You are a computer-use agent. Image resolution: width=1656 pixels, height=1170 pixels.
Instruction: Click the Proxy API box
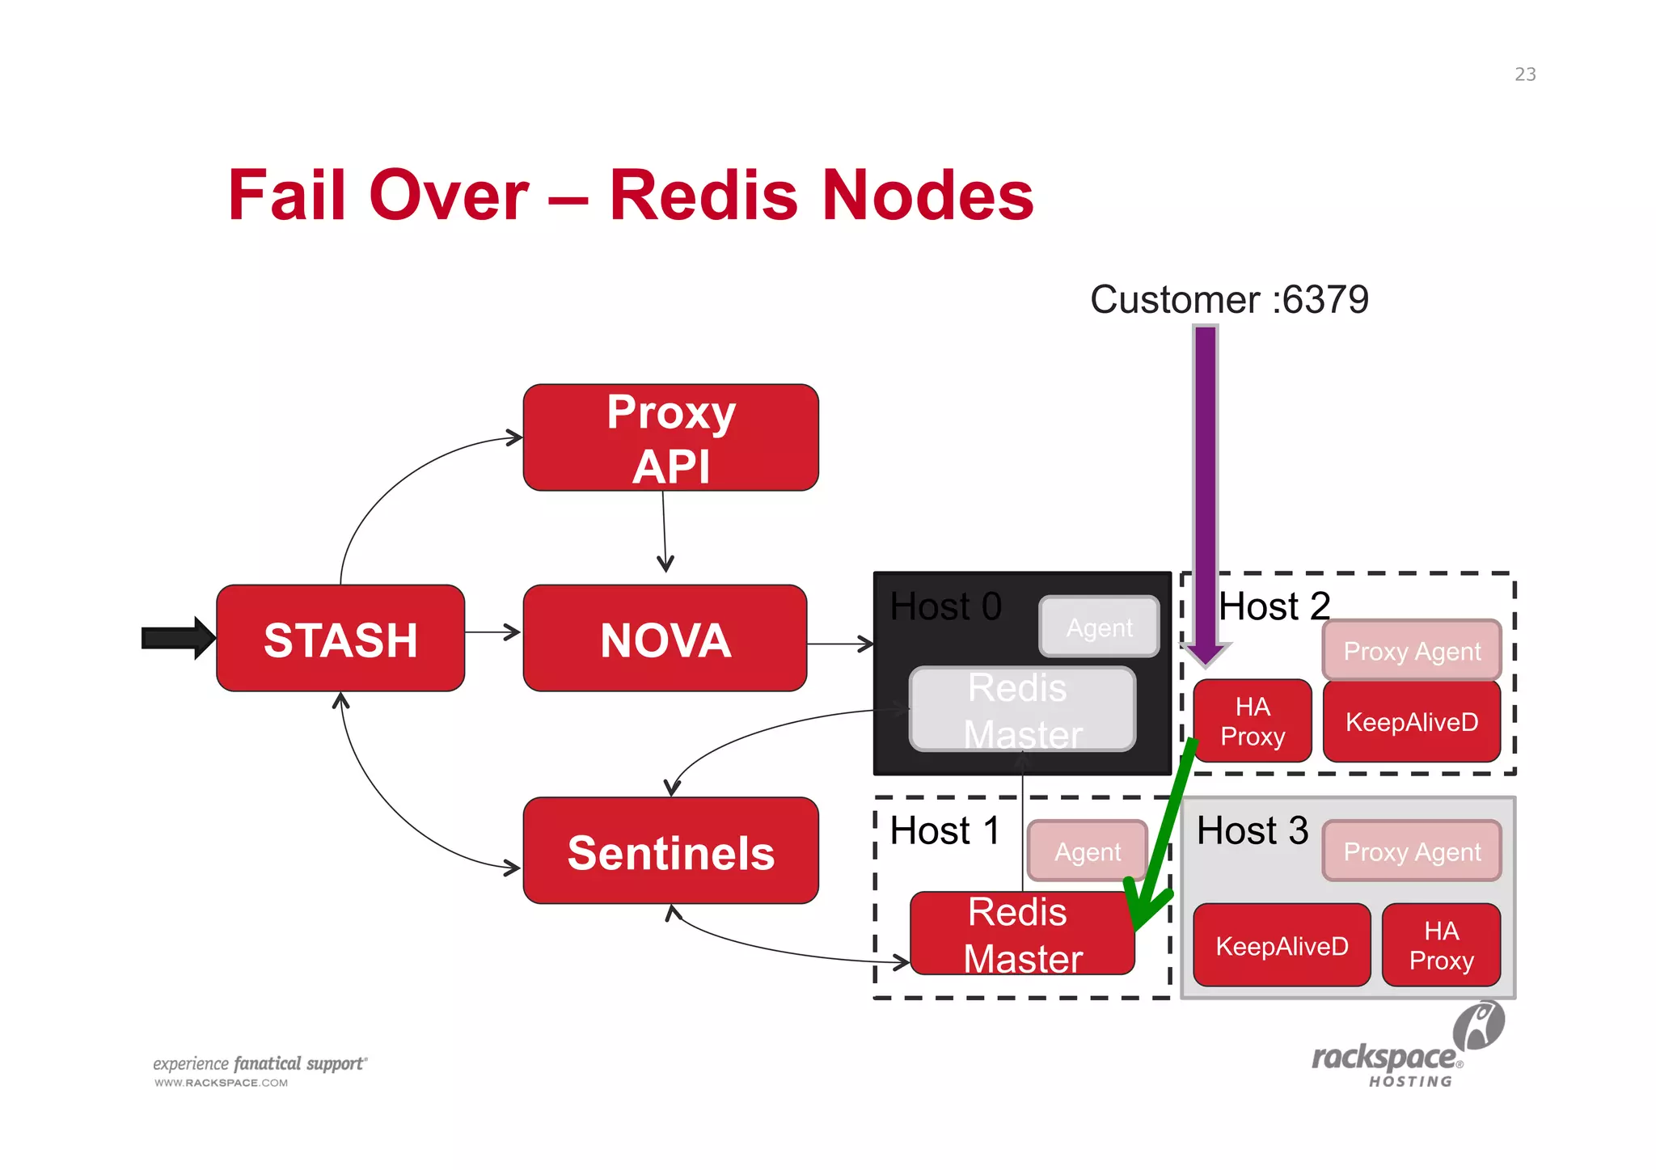click(x=670, y=437)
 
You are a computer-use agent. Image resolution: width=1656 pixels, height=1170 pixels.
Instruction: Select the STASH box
click(x=340, y=638)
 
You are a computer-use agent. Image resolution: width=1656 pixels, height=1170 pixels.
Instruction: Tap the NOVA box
click(x=665, y=638)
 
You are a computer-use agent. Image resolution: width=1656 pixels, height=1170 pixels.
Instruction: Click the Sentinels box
click(x=670, y=851)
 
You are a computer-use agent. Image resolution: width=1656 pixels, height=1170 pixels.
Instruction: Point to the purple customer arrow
click(x=1206, y=485)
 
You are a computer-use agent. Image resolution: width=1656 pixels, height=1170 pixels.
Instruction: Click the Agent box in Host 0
click(x=1099, y=627)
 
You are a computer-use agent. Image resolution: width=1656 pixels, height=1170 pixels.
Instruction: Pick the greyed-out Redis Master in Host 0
click(x=1022, y=709)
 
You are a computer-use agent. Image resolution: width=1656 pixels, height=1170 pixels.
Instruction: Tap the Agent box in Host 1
click(x=1087, y=851)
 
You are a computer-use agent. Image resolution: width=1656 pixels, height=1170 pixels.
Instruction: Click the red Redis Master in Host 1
click(x=1022, y=934)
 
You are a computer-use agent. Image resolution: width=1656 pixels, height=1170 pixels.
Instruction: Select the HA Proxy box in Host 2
click(x=1252, y=720)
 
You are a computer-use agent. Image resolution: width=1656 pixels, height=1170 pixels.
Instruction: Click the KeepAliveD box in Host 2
click(x=1411, y=721)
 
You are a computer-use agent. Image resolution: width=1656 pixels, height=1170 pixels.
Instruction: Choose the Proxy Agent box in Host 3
click(x=1411, y=851)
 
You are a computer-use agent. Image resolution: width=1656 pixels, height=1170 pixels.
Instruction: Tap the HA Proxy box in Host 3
click(x=1441, y=945)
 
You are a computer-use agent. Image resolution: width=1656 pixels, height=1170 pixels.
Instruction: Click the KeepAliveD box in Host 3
click(x=1282, y=945)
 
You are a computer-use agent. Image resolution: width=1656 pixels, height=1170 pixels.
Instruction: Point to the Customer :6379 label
click(x=1228, y=299)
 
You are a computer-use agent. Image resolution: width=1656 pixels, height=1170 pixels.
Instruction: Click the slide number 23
click(x=1525, y=74)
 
